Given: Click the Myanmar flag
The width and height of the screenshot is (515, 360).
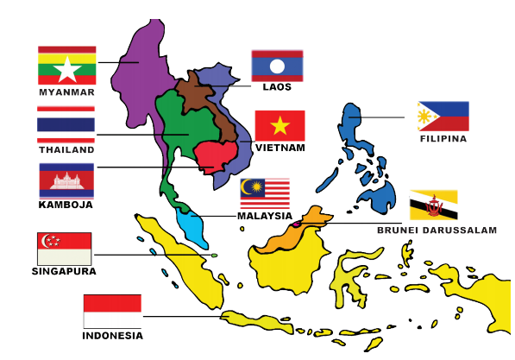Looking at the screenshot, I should pyautogui.click(x=66, y=65).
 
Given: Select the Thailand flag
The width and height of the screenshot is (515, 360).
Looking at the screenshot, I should pyautogui.click(x=66, y=123).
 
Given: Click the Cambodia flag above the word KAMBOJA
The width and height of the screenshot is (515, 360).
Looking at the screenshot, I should pyautogui.click(x=66, y=180).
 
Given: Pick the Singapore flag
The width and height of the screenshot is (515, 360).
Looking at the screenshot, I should pyautogui.click(x=65, y=248).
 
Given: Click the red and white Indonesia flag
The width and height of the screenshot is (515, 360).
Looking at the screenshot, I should pyautogui.click(x=112, y=311).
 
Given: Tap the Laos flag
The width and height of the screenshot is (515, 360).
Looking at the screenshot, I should pyautogui.click(x=277, y=65).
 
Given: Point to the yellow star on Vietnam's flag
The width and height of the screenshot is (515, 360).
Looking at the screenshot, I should pyautogui.click(x=279, y=126).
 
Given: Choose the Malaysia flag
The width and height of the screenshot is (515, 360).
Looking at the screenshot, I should pyautogui.click(x=265, y=192).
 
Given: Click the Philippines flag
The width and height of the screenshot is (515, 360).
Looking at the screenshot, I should pyautogui.click(x=443, y=116).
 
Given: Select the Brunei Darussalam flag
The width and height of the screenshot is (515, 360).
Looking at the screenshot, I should pyautogui.click(x=433, y=205).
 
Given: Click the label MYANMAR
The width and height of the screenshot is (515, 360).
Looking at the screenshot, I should pyautogui.click(x=66, y=92).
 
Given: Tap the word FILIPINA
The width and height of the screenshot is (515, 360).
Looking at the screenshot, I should pyautogui.click(x=443, y=138).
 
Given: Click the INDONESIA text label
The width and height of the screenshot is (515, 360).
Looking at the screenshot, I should pyautogui.click(x=112, y=336).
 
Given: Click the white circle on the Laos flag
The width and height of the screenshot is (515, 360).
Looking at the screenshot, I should pyautogui.click(x=276, y=65).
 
